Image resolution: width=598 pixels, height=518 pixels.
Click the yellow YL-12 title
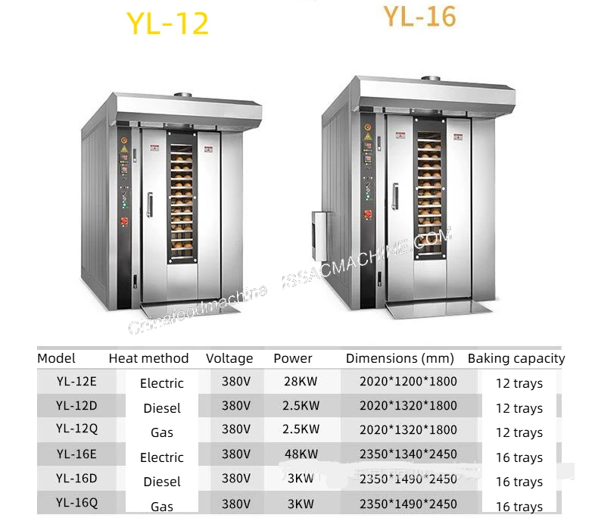(167, 23)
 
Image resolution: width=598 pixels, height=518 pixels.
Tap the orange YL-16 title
(419, 16)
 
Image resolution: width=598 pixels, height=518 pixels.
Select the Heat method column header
(148, 358)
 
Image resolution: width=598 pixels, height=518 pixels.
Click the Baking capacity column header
(516, 358)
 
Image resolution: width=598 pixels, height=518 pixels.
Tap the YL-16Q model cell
(76, 502)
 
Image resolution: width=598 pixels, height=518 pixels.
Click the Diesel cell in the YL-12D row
(162, 408)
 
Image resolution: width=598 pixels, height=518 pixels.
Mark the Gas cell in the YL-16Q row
(162, 506)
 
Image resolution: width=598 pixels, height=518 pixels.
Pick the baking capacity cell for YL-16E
(519, 457)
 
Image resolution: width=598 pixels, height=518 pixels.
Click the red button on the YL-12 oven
(124, 223)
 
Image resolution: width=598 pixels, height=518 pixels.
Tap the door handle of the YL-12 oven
(150, 205)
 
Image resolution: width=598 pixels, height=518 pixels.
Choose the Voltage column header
(229, 358)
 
